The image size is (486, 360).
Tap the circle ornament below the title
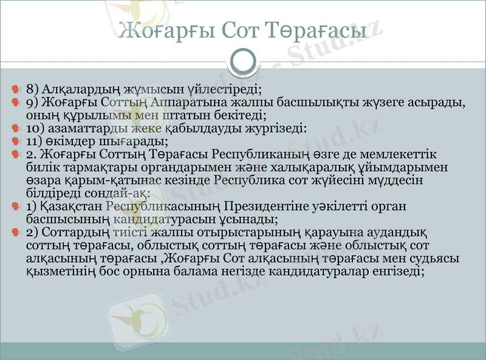click(244, 61)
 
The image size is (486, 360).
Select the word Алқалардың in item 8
click(75, 88)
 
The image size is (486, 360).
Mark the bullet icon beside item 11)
click(17, 141)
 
